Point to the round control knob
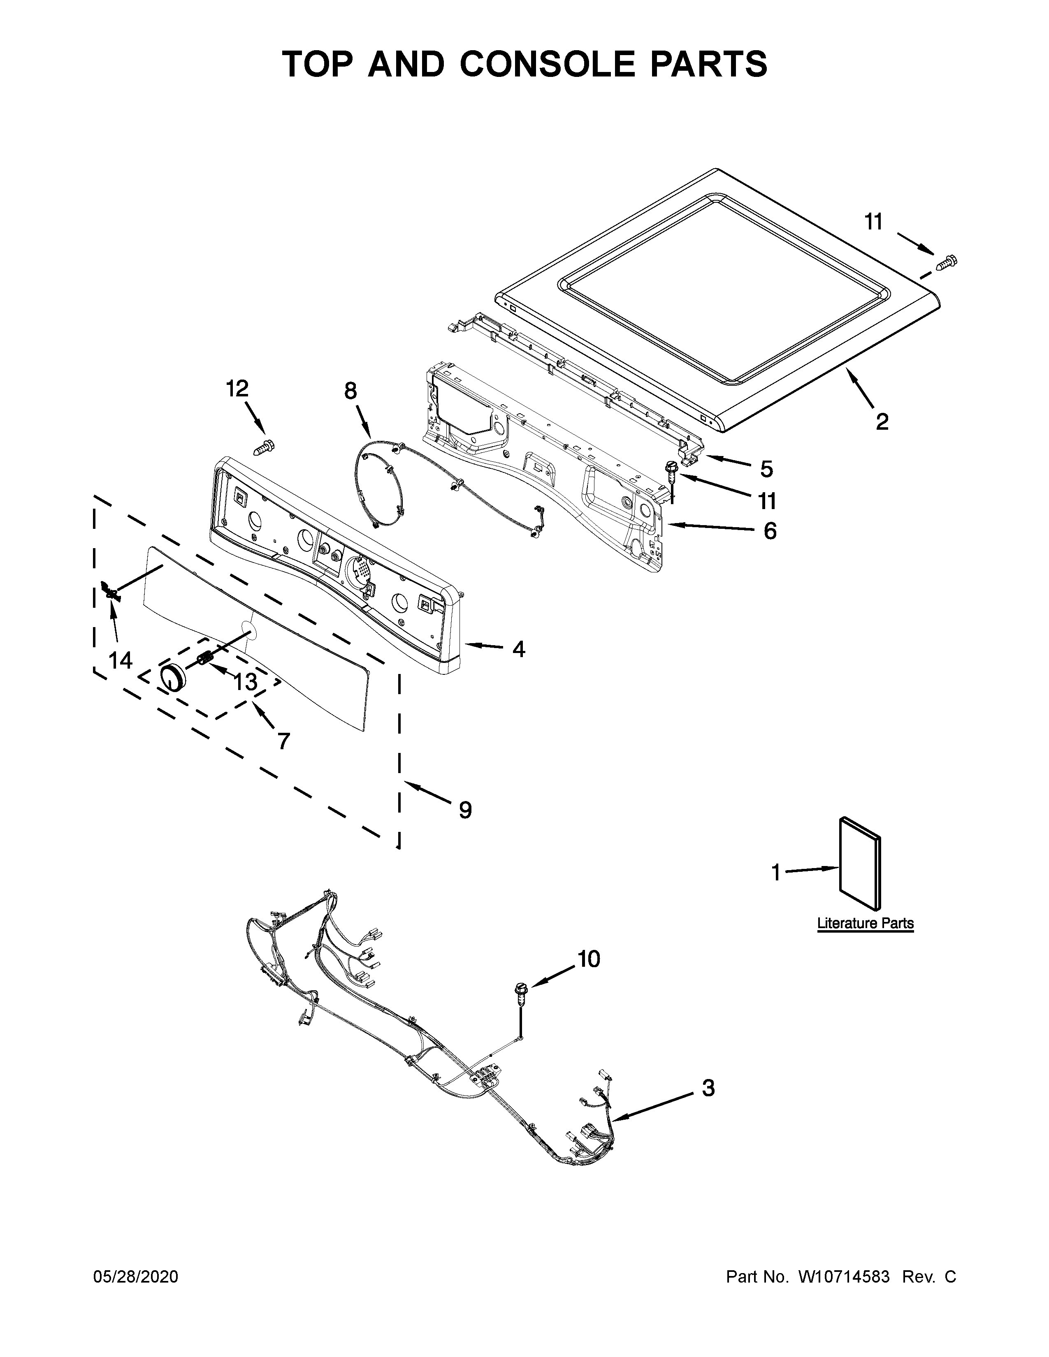coord(173,676)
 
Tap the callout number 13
coord(246,682)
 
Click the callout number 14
coord(121,660)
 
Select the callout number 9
coord(465,810)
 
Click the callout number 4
coord(518,649)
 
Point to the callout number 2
coord(882,422)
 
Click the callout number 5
coord(766,469)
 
